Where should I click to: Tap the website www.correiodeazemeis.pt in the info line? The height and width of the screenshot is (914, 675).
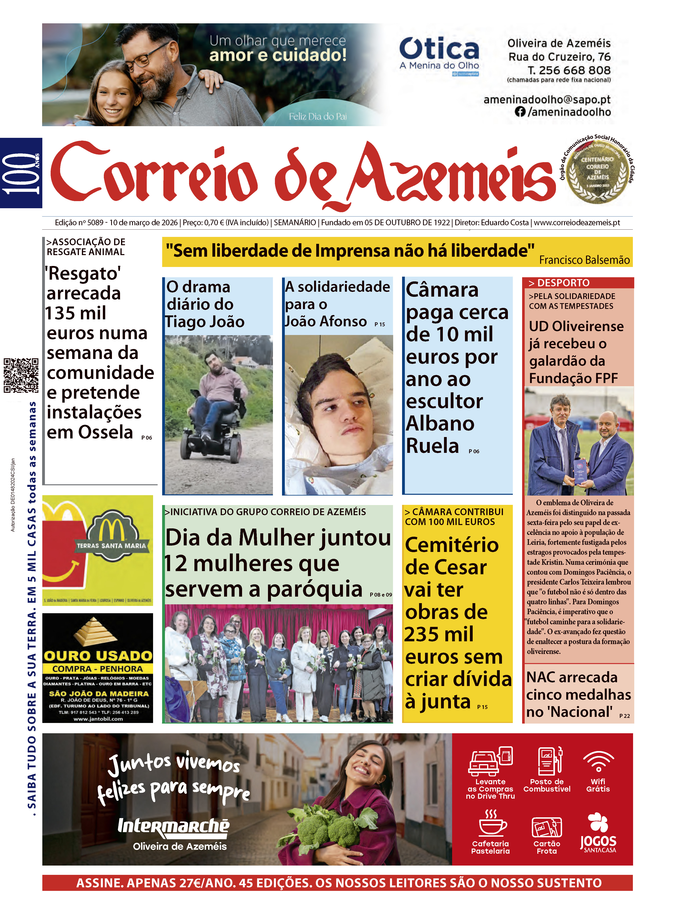point(577,223)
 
